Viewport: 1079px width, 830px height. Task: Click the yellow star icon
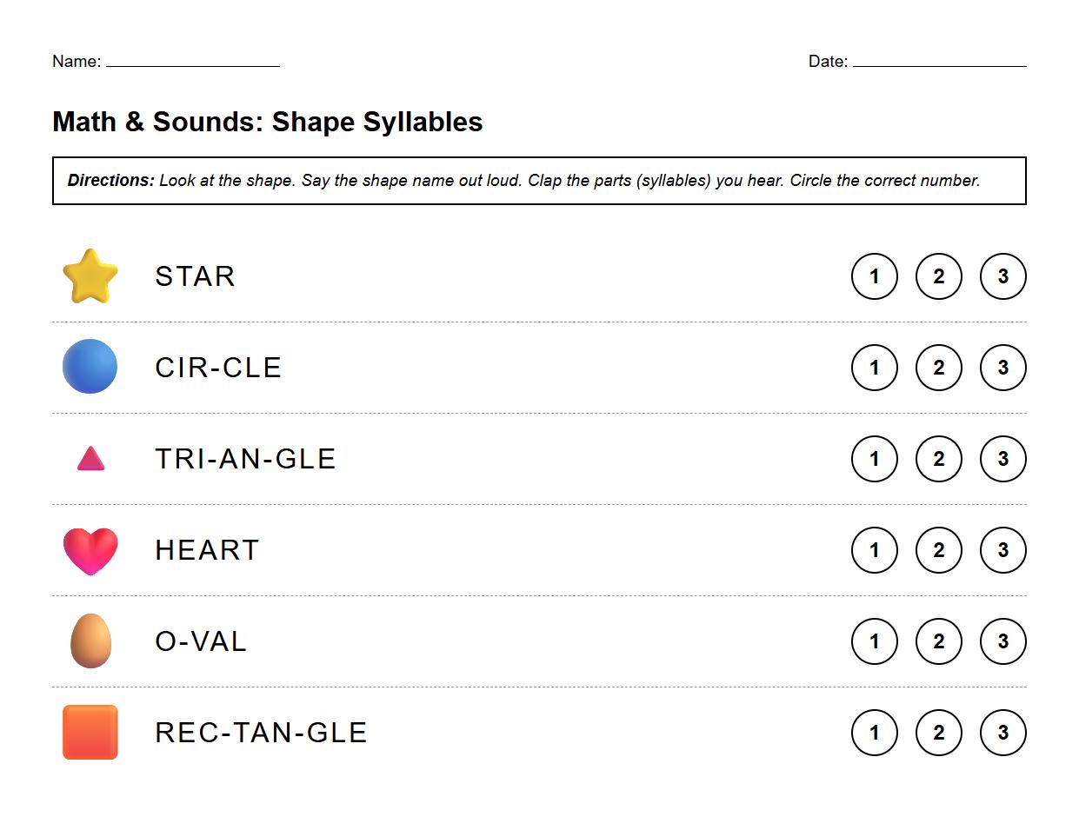tap(90, 276)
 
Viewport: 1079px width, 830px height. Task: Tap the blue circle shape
tap(90, 367)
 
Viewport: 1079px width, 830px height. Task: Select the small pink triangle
tap(90, 459)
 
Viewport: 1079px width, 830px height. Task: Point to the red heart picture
tap(90, 550)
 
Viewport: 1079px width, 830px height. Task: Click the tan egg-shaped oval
tap(90, 641)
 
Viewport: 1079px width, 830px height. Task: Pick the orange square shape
tap(90, 732)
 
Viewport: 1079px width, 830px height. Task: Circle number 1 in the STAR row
tap(874, 276)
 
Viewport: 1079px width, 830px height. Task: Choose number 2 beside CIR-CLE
tap(938, 368)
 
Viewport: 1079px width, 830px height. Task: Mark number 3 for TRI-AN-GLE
tap(1002, 459)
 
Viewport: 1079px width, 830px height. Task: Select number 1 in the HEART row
tap(874, 550)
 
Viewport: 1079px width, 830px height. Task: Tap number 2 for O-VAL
tap(938, 641)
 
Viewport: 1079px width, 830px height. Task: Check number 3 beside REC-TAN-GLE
tap(1002, 733)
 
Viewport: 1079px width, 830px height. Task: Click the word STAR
tap(195, 276)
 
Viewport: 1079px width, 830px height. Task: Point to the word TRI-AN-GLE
tap(245, 459)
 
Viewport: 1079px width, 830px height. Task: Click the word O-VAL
tap(201, 641)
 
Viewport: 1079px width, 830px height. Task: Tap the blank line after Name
tap(192, 61)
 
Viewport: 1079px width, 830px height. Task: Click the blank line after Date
tap(939, 61)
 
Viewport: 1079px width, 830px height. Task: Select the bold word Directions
tap(110, 181)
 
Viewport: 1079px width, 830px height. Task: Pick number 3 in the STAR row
tap(1002, 276)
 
